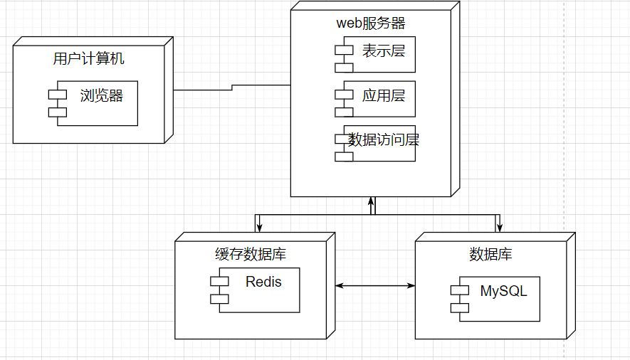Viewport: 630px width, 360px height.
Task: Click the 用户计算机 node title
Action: pyautogui.click(x=88, y=58)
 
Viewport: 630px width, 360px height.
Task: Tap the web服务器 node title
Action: pyautogui.click(x=370, y=23)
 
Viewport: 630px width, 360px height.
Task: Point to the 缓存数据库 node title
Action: pyautogui.click(x=251, y=254)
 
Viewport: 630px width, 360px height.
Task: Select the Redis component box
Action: pyautogui.click(x=260, y=290)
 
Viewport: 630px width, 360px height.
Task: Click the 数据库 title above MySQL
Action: pyautogui.click(x=490, y=254)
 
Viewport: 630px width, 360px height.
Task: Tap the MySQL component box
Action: pyautogui.click(x=500, y=299)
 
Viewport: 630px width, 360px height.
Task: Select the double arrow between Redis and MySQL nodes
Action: pyautogui.click(x=375, y=285)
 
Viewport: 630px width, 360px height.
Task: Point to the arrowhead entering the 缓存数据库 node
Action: pyautogui.click(x=258, y=227)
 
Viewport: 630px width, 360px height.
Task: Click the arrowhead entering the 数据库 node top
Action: pyautogui.click(x=499, y=227)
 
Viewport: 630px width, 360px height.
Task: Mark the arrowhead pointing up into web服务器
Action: pyautogui.click(x=371, y=201)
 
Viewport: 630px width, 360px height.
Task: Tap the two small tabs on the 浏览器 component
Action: pyautogui.click(x=57, y=104)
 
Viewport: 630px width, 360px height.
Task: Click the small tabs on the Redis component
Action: pyautogui.click(x=219, y=290)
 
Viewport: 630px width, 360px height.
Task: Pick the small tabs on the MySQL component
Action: pyautogui.click(x=459, y=299)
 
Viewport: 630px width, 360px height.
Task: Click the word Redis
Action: pyautogui.click(x=263, y=282)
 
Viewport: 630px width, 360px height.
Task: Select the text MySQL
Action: pyautogui.click(x=503, y=291)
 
